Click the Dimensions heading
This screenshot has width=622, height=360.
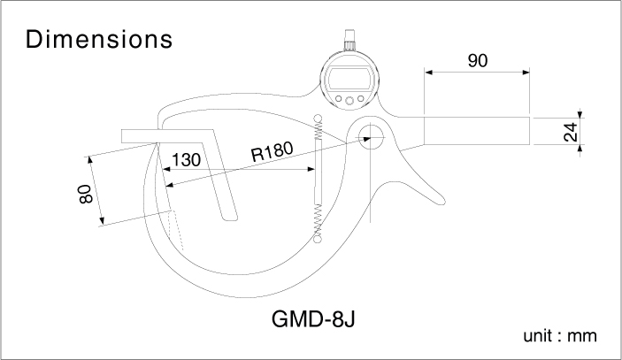99,39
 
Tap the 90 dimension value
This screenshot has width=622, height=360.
478,61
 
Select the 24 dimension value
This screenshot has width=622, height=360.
571,132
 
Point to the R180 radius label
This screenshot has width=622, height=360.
273,151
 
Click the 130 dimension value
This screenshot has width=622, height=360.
186,160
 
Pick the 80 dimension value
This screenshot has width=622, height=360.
86,194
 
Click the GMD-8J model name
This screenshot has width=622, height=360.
313,318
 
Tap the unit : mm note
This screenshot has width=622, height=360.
560,336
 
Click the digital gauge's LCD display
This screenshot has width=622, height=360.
349,78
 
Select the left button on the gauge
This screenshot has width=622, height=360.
338,98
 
